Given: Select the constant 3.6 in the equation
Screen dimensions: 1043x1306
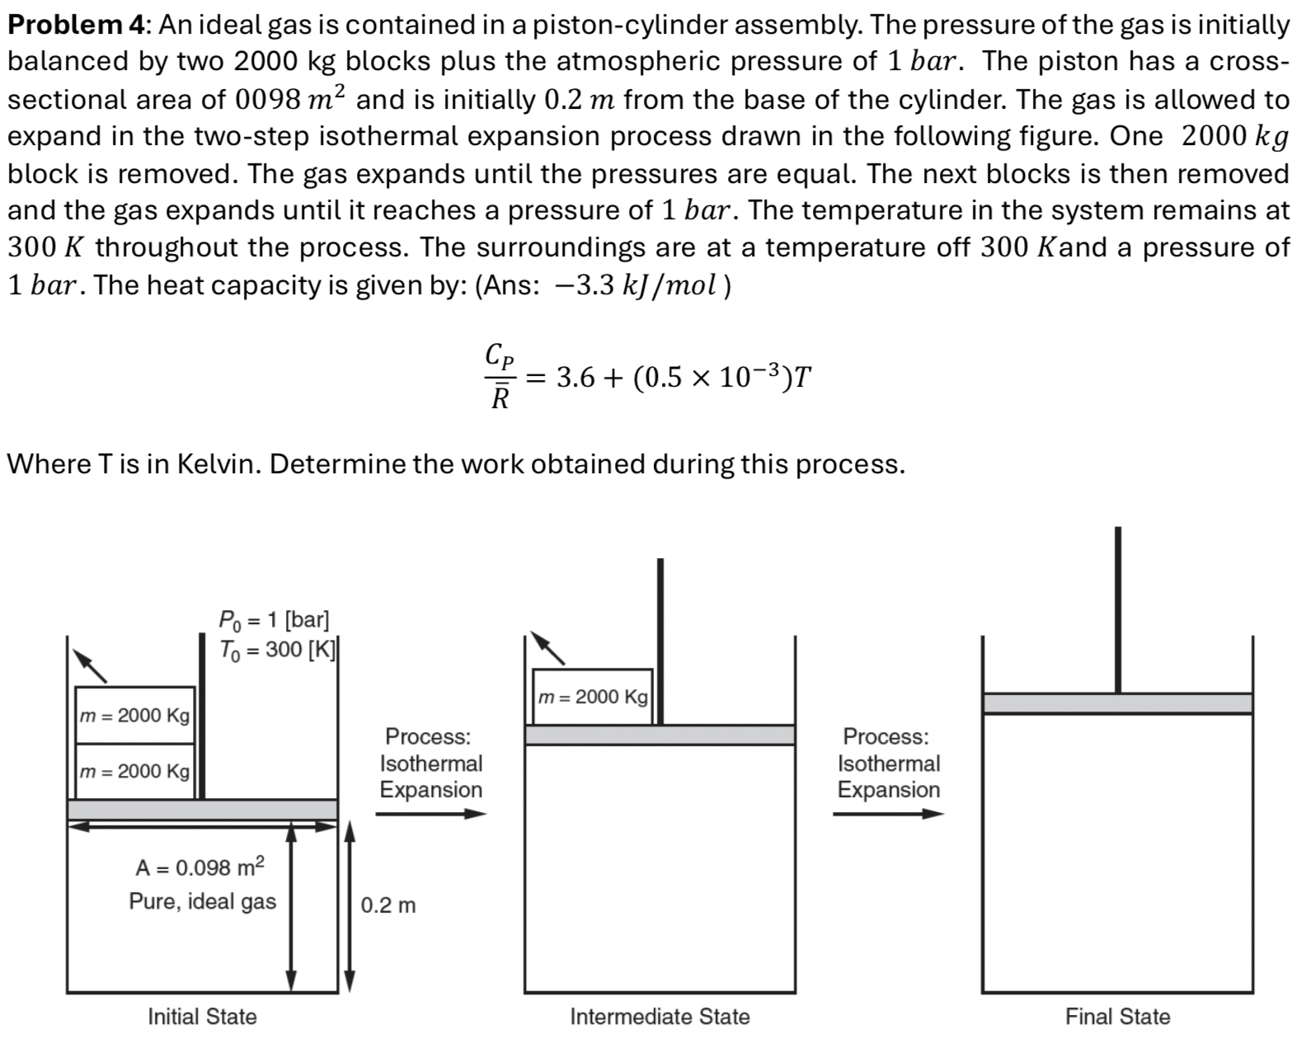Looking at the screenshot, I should tap(575, 378).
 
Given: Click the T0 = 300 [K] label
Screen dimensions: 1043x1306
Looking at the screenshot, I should tap(277, 650).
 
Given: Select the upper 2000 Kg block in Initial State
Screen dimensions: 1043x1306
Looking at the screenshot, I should tap(134, 715).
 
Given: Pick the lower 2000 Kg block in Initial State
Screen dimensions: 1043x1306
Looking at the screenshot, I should tap(134, 771).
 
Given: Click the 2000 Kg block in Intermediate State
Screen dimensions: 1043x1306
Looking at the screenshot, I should tap(592, 697).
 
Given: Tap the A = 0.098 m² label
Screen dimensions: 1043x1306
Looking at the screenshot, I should tap(200, 867).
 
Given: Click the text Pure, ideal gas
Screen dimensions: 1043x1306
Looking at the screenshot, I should tap(202, 901).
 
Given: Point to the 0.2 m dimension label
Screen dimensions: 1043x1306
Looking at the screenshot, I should tap(388, 905).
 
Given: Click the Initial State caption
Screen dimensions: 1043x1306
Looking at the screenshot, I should tap(202, 1017).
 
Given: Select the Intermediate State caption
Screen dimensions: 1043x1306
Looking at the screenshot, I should tap(660, 1017).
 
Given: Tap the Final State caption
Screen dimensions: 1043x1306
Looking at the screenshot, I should tap(1117, 1017).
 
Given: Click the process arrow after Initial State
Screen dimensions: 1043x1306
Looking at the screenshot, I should tap(431, 814).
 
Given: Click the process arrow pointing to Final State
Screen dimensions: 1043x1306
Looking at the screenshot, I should tap(888, 814).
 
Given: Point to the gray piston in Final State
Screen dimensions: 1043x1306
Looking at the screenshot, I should tap(1117, 703).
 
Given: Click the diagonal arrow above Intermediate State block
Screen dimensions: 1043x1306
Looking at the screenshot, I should tap(547, 648).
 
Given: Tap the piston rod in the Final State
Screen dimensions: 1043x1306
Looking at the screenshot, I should tap(1117, 610).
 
